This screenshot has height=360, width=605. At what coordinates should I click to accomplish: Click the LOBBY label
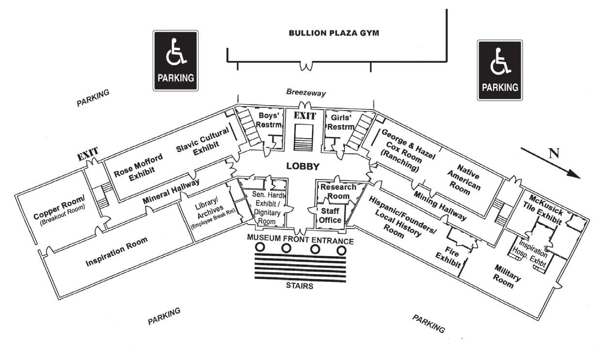coord(302,166)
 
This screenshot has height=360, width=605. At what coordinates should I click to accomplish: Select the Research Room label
coord(338,191)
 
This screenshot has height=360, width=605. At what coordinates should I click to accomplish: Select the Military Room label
coord(508,276)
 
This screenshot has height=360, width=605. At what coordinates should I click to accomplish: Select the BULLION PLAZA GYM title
coord(334,33)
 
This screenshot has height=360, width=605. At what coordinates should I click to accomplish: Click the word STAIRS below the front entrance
coord(300,286)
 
